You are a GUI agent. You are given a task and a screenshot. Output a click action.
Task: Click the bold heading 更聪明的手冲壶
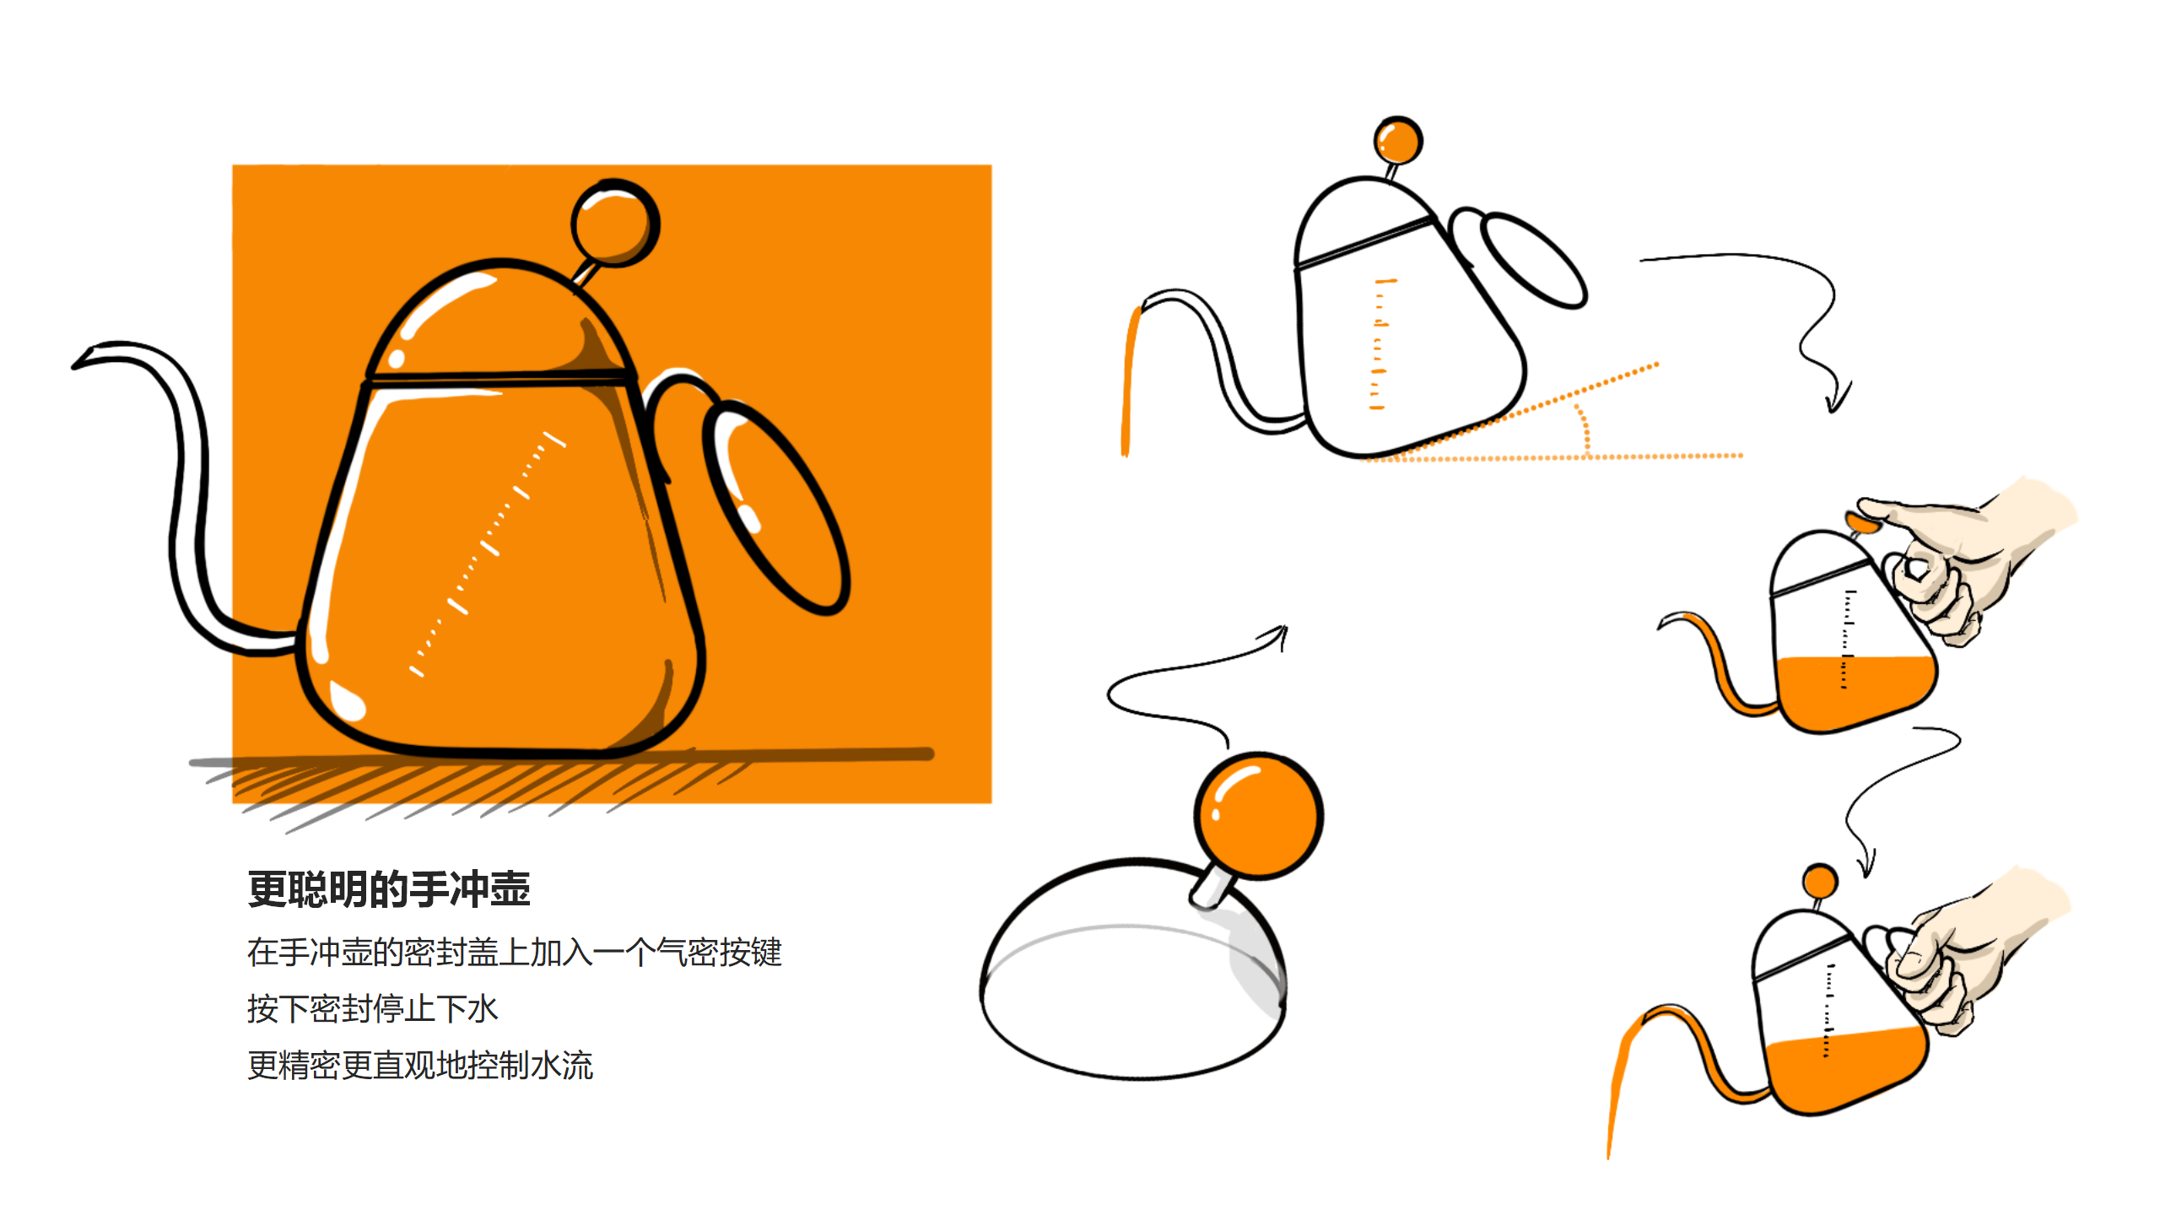(x=389, y=889)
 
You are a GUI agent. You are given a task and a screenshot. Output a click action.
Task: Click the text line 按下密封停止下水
(x=372, y=1008)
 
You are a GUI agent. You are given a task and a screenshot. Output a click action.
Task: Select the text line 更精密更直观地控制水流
(x=420, y=1065)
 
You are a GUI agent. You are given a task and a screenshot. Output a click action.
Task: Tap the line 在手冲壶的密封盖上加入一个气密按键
(x=515, y=952)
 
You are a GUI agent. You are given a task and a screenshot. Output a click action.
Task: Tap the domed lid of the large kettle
(x=498, y=321)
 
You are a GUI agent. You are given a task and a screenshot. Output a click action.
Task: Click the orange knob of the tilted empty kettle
(x=1398, y=140)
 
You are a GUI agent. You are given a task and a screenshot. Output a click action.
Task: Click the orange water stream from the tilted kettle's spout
(x=1128, y=380)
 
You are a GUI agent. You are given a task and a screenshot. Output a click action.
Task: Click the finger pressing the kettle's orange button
(x=1890, y=511)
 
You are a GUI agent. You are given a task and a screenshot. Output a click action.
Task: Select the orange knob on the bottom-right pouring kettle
(x=1820, y=882)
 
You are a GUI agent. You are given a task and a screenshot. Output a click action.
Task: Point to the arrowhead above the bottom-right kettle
(x=1866, y=869)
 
